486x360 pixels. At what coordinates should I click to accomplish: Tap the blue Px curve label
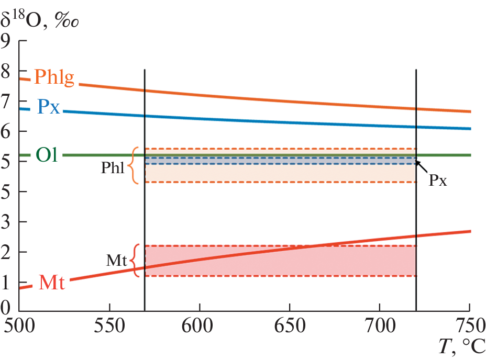pyautogui.click(x=49, y=107)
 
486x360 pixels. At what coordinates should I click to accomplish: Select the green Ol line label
pyautogui.click(x=47, y=155)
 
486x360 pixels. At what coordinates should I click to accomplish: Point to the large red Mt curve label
pyautogui.click(x=52, y=283)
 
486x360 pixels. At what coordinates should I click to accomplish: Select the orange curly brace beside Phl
pyautogui.click(x=134, y=165)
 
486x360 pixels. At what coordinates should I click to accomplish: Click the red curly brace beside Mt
pyautogui.click(x=136, y=260)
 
